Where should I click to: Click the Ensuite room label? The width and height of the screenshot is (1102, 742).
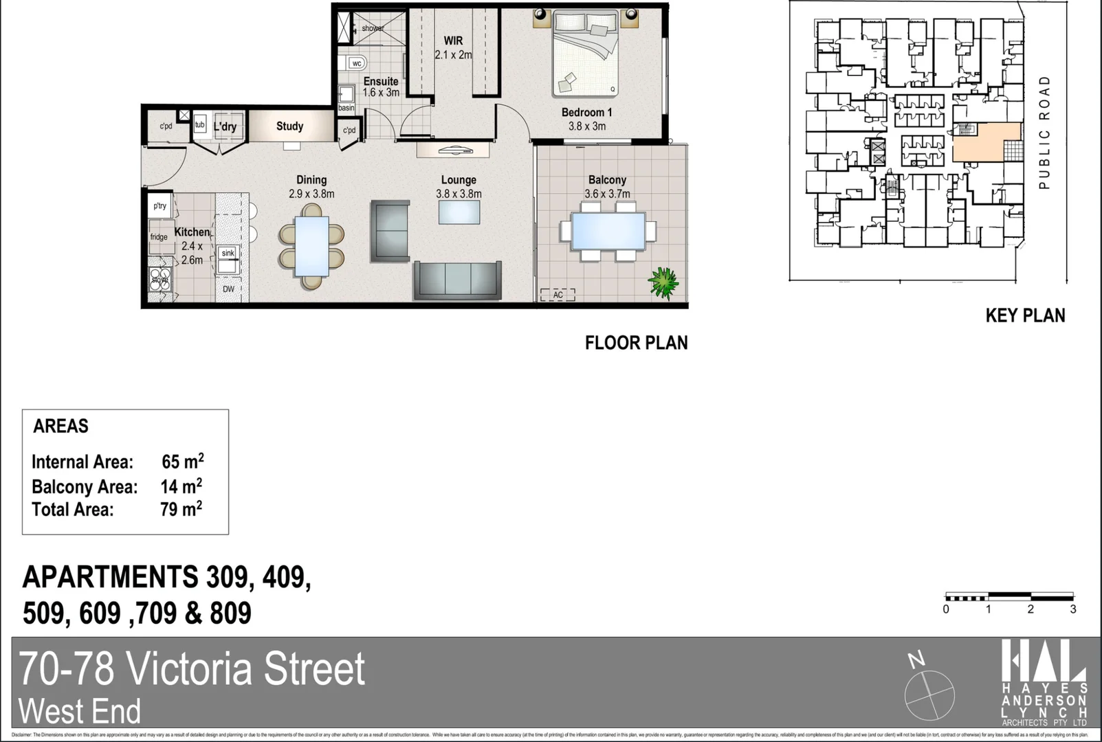tap(381, 82)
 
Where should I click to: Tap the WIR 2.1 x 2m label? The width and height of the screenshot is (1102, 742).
tap(453, 47)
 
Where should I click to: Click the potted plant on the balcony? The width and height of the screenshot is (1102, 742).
tap(663, 282)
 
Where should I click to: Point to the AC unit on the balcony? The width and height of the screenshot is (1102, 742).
tap(558, 295)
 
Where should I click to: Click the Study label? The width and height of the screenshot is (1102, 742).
tap(289, 126)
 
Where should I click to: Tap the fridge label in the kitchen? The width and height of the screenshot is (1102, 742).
tap(159, 237)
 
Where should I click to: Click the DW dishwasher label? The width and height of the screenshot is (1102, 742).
tap(228, 289)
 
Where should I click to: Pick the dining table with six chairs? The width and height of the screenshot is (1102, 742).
tap(311, 246)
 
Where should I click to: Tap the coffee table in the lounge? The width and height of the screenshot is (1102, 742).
tap(459, 212)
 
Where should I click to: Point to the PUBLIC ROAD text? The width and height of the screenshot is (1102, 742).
tap(1044, 133)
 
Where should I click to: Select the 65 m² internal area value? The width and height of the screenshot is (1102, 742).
tap(182, 462)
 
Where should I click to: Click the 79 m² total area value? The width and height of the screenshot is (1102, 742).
tap(181, 509)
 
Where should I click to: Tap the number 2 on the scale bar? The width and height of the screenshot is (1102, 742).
tap(1030, 609)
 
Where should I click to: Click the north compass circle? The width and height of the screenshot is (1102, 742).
tap(929, 695)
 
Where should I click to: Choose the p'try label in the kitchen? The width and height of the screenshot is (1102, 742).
tap(159, 205)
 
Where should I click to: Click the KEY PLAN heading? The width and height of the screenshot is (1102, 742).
tap(1025, 315)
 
